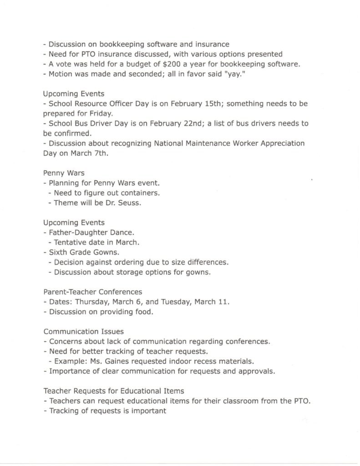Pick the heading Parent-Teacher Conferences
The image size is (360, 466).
[x=93, y=292]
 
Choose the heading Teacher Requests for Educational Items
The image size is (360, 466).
[x=114, y=391]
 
